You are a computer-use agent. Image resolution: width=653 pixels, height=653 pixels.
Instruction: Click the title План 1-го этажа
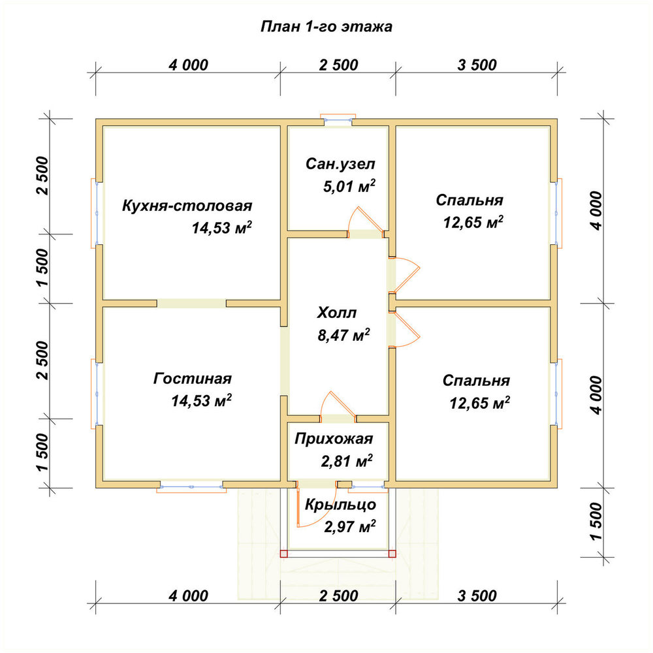(x=326, y=26)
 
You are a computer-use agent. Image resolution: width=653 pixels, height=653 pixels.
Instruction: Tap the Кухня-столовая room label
(x=187, y=206)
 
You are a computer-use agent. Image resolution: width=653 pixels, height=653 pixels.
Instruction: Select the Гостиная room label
(x=193, y=379)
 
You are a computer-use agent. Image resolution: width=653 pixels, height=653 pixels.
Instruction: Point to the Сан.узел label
(x=340, y=164)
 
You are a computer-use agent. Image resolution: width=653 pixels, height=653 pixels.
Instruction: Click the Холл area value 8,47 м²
(x=343, y=335)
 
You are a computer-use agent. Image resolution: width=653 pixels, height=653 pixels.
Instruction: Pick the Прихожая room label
(x=334, y=439)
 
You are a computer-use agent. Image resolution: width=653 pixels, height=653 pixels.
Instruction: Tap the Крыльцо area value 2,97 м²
(x=350, y=527)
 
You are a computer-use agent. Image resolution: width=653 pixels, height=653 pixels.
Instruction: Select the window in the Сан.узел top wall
(x=338, y=119)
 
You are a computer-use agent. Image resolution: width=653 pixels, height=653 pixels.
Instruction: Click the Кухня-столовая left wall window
(x=97, y=214)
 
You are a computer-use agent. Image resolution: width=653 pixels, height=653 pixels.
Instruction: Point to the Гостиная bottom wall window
(x=191, y=486)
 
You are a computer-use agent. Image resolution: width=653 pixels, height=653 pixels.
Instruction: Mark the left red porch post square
(x=283, y=554)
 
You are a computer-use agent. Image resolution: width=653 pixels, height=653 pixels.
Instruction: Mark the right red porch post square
(x=392, y=554)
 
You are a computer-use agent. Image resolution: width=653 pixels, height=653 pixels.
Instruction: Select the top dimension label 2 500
(x=338, y=65)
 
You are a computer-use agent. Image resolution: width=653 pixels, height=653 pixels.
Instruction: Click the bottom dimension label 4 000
(x=188, y=596)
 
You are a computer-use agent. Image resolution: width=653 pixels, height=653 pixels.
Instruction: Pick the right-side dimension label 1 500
(x=596, y=521)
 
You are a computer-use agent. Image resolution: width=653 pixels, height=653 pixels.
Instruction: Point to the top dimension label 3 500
(x=477, y=65)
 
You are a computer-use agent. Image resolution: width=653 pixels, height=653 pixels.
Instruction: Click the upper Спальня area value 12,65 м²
(x=473, y=222)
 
